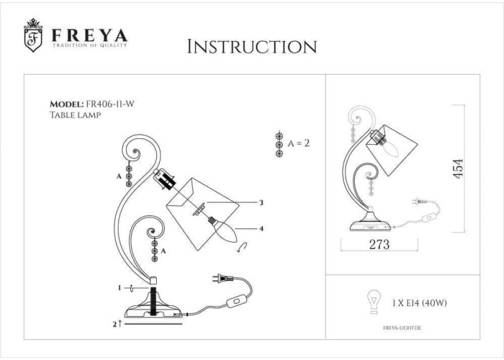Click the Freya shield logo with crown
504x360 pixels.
33,35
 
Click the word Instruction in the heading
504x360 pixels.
252,47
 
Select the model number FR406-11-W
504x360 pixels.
110,104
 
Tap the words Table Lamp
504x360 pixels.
75,114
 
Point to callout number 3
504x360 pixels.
261,203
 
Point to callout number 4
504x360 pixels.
261,228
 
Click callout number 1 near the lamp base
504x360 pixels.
120,288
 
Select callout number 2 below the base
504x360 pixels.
115,324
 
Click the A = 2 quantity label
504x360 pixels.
299,143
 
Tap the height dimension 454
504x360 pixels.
458,168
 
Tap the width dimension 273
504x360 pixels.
379,245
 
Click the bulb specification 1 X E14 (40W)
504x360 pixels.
420,303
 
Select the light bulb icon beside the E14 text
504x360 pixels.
374,301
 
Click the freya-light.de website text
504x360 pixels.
402,328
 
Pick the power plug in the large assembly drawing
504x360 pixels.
222,279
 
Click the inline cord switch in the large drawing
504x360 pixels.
237,302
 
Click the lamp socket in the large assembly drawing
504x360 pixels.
165,179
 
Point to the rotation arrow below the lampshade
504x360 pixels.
242,247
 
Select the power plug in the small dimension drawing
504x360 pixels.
420,202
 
